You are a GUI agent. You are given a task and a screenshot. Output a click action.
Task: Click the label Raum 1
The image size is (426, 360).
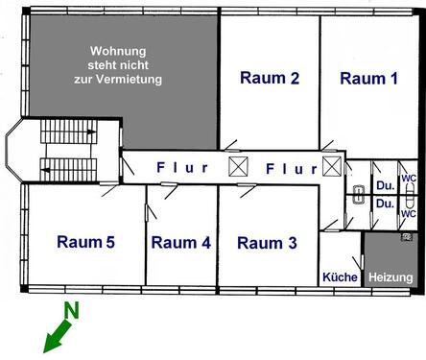coord(368,79)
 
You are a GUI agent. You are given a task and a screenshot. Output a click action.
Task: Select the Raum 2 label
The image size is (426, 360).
coord(270,79)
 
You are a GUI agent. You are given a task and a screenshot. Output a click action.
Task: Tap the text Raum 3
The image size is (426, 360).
coord(267,243)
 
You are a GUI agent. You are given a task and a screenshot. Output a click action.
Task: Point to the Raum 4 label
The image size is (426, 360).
coord(180,243)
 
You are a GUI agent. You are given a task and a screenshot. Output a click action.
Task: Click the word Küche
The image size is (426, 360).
coord(340,277)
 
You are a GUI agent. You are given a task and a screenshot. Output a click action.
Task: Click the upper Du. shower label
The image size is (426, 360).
coord(384,185)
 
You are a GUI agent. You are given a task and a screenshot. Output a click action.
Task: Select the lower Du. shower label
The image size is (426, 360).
coord(384,204)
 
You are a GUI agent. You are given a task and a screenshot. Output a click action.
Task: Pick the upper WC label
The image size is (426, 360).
coord(409,179)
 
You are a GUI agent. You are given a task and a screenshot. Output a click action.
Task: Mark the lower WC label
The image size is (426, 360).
coord(409,214)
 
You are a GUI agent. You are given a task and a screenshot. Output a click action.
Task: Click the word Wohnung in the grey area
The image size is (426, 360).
coord(118,50)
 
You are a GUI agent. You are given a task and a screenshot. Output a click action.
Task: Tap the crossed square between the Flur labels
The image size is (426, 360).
coord(239,167)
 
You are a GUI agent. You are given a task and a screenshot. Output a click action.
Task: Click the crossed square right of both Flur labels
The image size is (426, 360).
coord(332,167)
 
